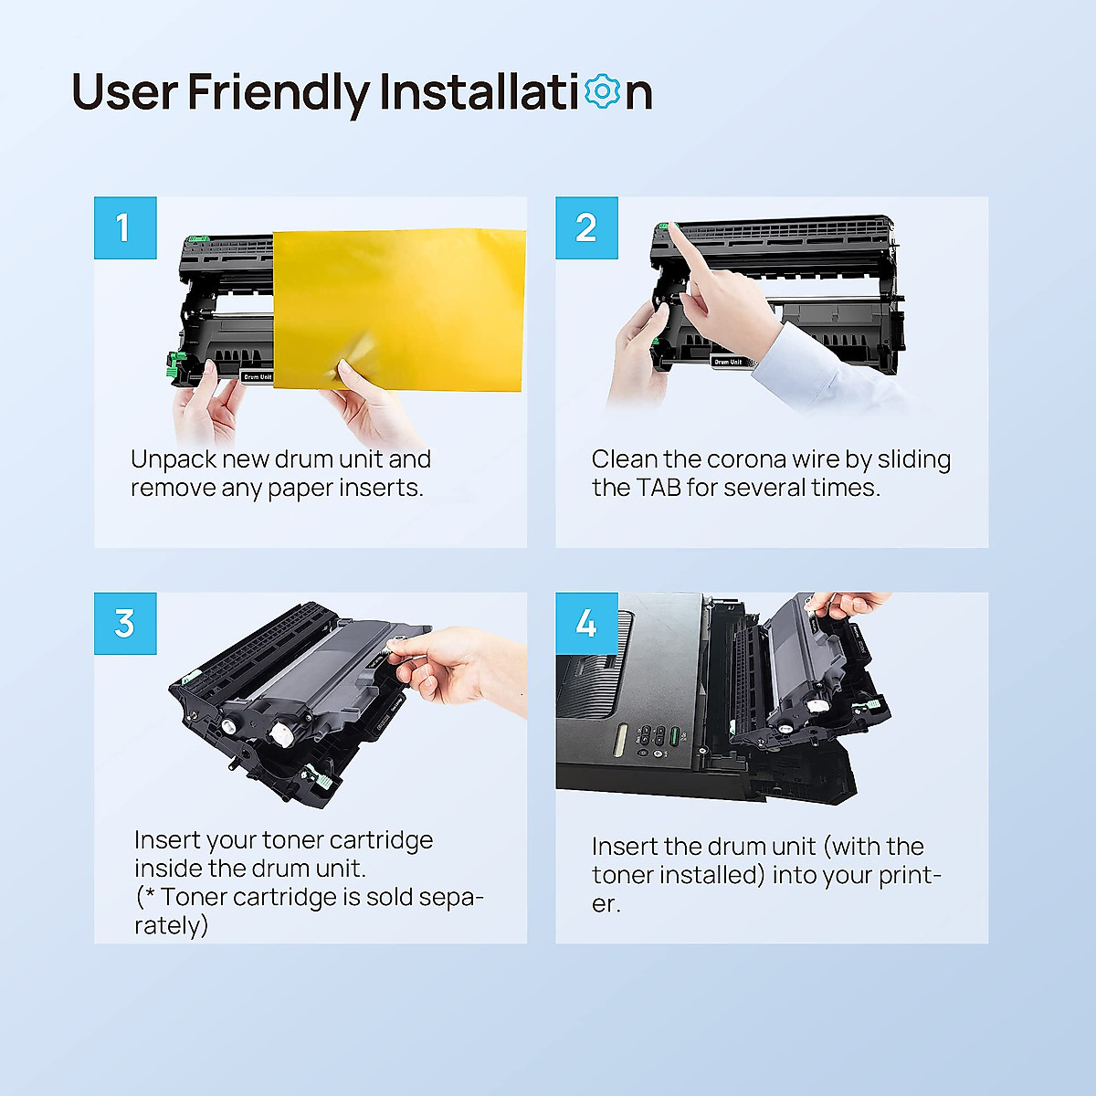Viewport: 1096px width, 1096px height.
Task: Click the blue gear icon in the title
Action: coord(602,91)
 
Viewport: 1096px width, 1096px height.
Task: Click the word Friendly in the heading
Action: coord(279,93)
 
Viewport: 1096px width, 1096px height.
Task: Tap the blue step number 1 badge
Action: coord(125,227)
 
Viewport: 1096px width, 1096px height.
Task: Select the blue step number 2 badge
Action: coord(586,227)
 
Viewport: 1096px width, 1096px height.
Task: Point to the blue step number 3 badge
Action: coord(125,624)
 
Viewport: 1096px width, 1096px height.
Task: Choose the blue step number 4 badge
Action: coord(586,624)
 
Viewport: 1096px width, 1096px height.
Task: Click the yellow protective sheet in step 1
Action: coord(399,310)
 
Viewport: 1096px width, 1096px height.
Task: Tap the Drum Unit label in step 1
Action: coord(258,376)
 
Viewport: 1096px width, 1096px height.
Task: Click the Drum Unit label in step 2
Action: coord(727,362)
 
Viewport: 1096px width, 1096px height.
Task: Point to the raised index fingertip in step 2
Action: coord(673,227)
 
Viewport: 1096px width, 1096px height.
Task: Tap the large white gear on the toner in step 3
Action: coord(282,733)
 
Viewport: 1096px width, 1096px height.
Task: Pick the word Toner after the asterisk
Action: coord(194,897)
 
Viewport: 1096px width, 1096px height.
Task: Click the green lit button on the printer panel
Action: coord(675,736)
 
